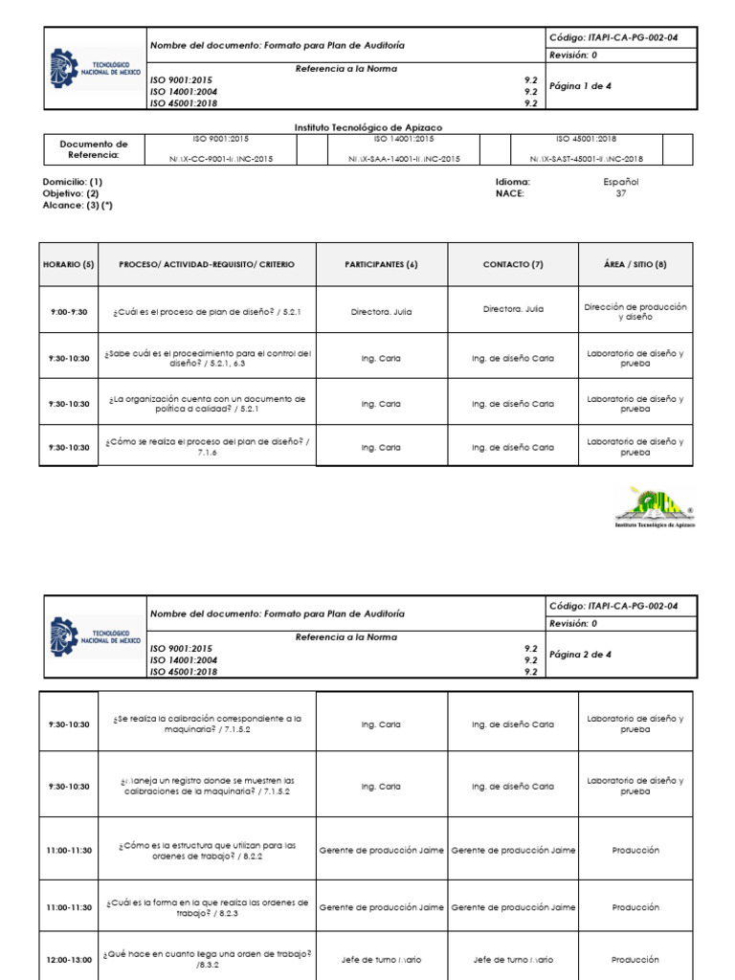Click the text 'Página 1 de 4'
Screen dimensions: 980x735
[x=580, y=86]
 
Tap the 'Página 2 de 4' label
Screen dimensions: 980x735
[x=580, y=655]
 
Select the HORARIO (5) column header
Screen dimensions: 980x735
[x=68, y=264]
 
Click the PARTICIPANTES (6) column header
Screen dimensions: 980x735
[x=381, y=264]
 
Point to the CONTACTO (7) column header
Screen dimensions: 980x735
[x=512, y=264]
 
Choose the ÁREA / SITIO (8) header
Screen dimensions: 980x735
[x=635, y=264]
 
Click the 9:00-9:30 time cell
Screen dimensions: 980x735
[x=68, y=312]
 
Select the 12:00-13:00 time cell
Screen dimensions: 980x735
[x=68, y=960]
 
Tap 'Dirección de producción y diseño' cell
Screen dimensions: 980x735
[x=635, y=311]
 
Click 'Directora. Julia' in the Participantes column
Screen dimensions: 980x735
[x=381, y=312]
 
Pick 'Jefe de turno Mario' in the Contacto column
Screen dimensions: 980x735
[x=512, y=960]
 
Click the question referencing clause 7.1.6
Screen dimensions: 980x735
[x=208, y=447]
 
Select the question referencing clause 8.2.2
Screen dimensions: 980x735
[x=208, y=850]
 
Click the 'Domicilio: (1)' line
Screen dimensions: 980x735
[x=73, y=181]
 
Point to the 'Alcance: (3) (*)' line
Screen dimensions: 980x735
[x=78, y=205]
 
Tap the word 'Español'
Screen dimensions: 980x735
[x=620, y=181]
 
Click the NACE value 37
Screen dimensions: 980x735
[x=620, y=193]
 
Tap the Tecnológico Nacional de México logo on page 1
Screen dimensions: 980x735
[x=95, y=69]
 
